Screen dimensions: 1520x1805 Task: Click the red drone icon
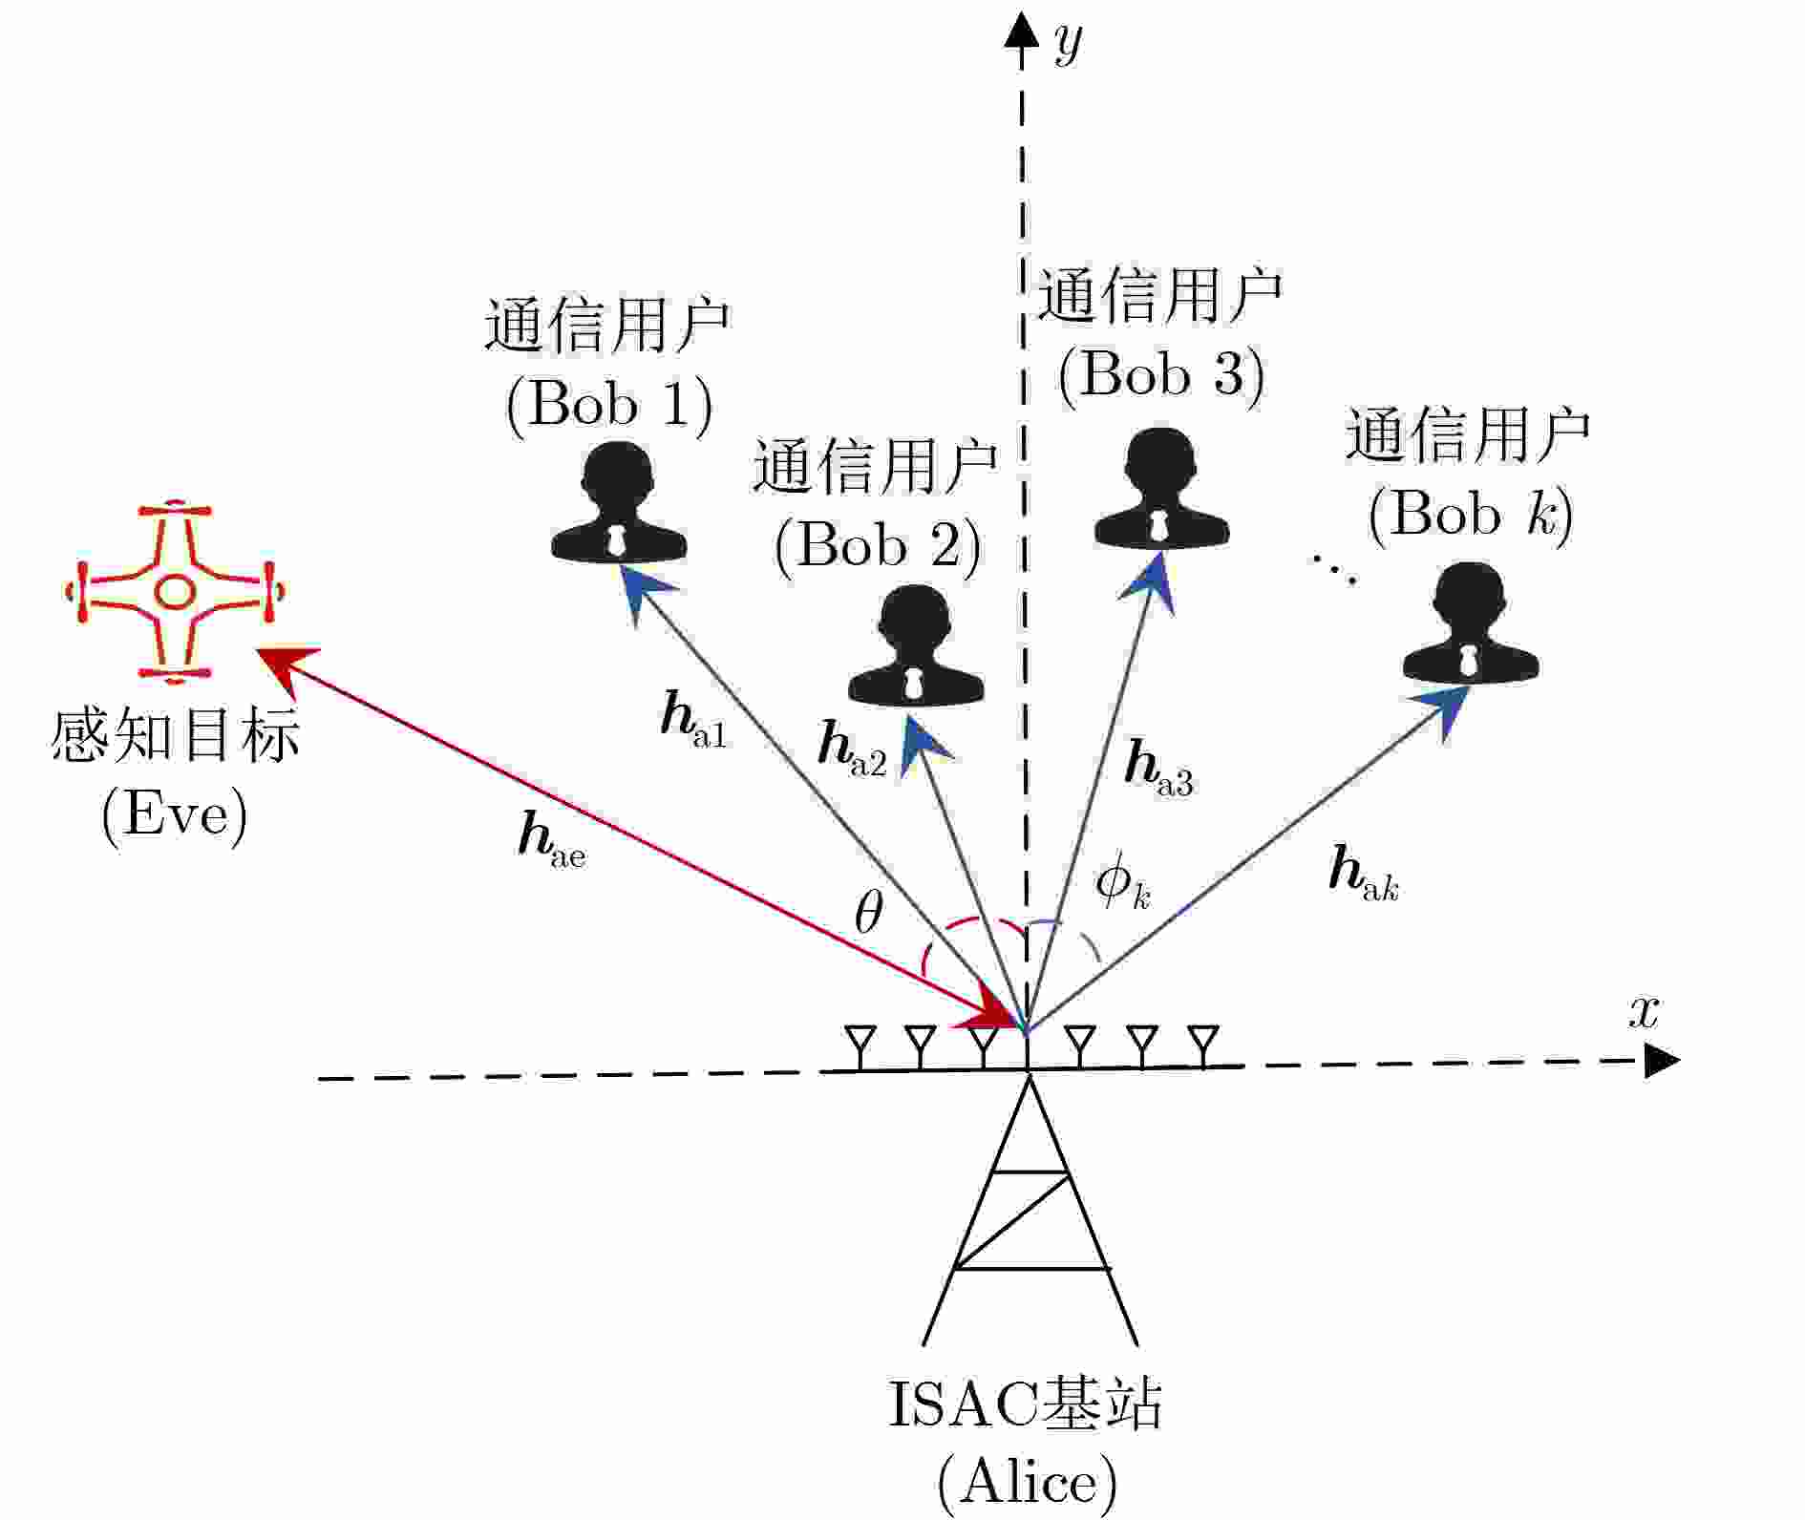tap(175, 592)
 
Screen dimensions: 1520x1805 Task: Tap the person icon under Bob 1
tap(619, 503)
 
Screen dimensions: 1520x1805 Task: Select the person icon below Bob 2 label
tap(916, 647)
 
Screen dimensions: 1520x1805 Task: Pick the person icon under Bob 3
tap(1160, 490)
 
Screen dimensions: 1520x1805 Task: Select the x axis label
tap(1644, 1011)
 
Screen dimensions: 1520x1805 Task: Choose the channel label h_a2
tap(852, 749)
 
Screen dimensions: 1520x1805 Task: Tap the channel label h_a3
tap(1158, 769)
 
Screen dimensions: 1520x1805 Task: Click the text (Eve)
tap(175, 814)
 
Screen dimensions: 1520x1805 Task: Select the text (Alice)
tap(1027, 1483)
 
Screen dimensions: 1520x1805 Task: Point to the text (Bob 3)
tap(1160, 374)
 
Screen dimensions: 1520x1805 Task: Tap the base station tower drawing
tap(1030, 1213)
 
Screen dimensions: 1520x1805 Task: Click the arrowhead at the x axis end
tap(1661, 1061)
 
